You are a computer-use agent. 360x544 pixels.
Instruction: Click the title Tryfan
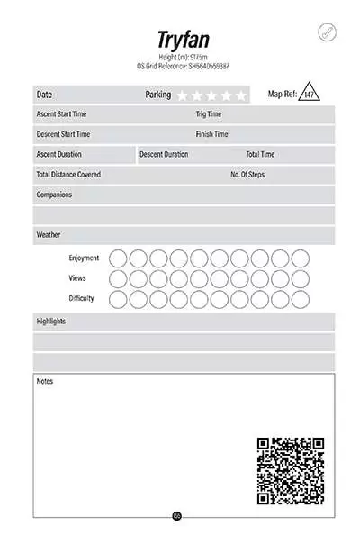(x=184, y=41)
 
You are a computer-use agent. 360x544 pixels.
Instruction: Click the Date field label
(x=44, y=95)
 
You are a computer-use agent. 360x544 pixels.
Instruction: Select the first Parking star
(x=183, y=95)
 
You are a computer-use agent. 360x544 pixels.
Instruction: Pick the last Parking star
(x=240, y=95)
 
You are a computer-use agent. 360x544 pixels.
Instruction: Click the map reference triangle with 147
(x=309, y=93)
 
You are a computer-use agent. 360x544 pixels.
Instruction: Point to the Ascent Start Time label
(x=61, y=114)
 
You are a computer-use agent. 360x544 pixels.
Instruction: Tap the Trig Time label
(x=208, y=114)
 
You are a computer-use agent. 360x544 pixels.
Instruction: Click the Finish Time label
(x=211, y=134)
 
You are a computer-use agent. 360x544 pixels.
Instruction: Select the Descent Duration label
(x=164, y=154)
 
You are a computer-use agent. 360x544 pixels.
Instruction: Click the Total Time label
(x=260, y=154)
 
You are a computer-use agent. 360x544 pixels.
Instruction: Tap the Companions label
(x=54, y=195)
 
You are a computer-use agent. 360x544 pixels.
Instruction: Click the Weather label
(x=49, y=235)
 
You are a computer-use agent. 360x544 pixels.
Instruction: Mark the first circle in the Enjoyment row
(x=118, y=258)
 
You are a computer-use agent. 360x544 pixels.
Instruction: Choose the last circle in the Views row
(x=300, y=278)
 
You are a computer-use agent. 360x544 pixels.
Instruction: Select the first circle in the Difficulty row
(x=118, y=298)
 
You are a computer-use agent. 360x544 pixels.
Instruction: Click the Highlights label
(x=50, y=321)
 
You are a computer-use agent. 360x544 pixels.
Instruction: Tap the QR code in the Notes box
(x=290, y=470)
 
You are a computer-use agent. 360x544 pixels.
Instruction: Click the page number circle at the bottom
(x=176, y=516)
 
